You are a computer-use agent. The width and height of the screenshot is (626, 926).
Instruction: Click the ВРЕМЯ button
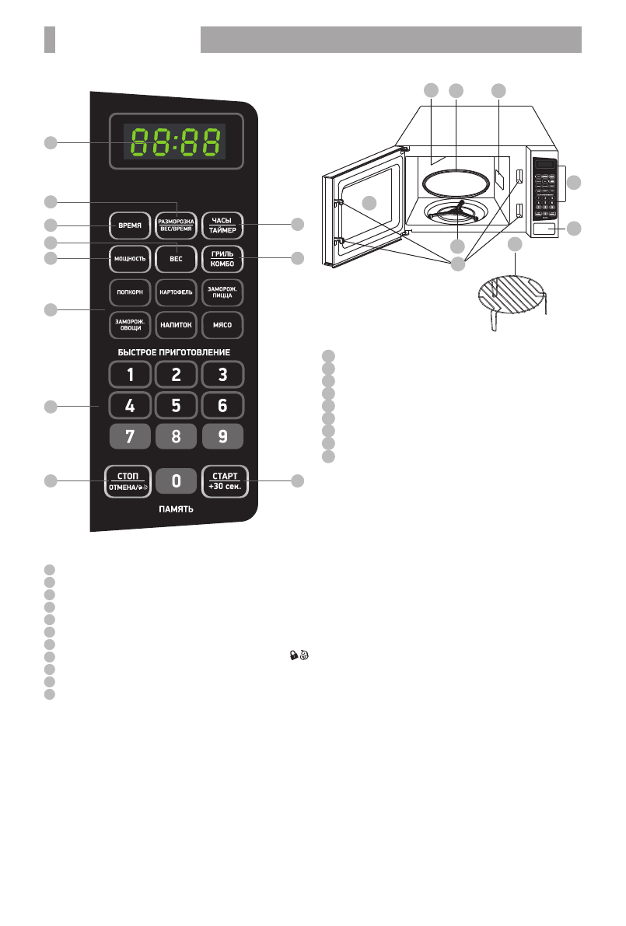tap(130, 225)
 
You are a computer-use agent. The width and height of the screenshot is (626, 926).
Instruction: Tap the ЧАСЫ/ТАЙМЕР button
tap(222, 225)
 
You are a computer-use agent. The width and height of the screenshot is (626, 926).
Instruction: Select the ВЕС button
tap(176, 257)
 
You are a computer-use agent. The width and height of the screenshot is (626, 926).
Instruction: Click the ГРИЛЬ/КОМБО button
tap(222, 257)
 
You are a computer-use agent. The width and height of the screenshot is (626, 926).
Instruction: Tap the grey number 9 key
tap(222, 437)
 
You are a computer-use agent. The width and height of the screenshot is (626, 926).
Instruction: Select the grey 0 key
tap(176, 482)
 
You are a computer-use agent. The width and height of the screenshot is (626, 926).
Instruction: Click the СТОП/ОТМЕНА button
tap(130, 482)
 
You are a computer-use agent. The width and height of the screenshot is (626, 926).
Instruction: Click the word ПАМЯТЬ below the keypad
tap(176, 510)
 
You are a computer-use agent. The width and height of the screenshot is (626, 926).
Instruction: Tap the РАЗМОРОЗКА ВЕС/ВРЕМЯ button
tap(176, 225)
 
